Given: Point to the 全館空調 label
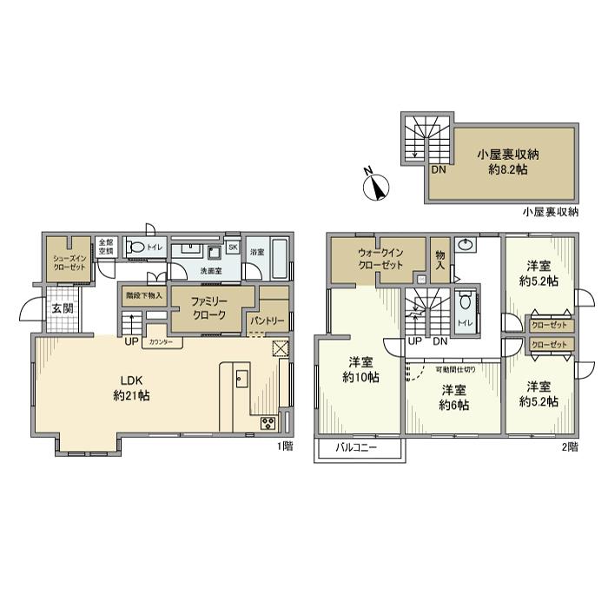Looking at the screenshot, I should tap(105, 247).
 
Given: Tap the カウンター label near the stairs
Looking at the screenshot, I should tap(161, 341).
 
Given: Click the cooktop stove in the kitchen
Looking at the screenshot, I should tap(268, 423).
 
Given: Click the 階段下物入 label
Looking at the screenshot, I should tap(142, 294).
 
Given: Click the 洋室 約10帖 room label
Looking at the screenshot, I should tap(360, 369).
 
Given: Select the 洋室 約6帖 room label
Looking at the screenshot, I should tap(454, 397).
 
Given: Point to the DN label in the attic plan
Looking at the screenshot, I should tap(439, 169).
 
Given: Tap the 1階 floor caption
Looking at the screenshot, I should tap(284, 446).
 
